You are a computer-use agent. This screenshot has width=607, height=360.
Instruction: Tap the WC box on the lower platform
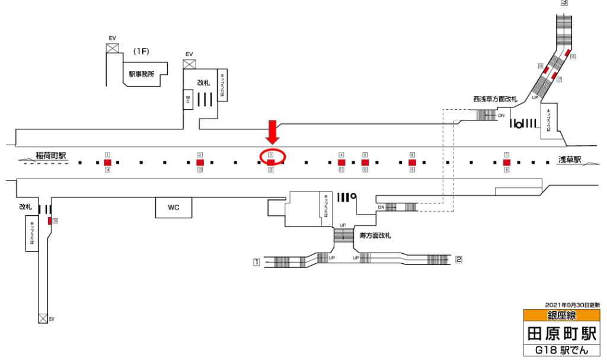click(x=173, y=208)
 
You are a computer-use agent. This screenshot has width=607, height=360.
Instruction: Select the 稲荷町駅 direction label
click(x=50, y=156)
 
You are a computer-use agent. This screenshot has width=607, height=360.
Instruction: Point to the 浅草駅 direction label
click(x=570, y=160)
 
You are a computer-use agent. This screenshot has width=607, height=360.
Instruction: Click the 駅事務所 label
click(x=142, y=75)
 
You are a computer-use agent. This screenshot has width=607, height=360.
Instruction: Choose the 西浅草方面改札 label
click(x=495, y=99)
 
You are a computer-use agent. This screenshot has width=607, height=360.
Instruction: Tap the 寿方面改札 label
click(x=376, y=235)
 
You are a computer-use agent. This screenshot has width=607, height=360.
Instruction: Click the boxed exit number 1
click(x=257, y=262)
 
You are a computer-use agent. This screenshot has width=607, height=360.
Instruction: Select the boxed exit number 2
click(x=458, y=259)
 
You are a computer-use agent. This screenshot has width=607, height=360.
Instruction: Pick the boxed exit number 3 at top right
click(x=564, y=3)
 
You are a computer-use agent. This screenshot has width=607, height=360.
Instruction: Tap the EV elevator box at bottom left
click(x=43, y=318)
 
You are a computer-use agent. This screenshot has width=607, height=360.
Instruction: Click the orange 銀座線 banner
click(x=561, y=316)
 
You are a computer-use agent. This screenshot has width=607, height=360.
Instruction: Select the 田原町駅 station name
click(x=561, y=333)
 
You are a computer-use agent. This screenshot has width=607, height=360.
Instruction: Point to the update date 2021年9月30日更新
click(x=572, y=304)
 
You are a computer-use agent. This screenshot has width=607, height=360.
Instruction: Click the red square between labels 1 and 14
click(x=107, y=162)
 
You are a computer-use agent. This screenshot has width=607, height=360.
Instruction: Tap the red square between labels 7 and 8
click(x=507, y=162)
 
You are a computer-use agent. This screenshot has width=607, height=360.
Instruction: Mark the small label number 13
click(x=200, y=170)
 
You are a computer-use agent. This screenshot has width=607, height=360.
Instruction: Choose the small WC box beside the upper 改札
click(x=188, y=99)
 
